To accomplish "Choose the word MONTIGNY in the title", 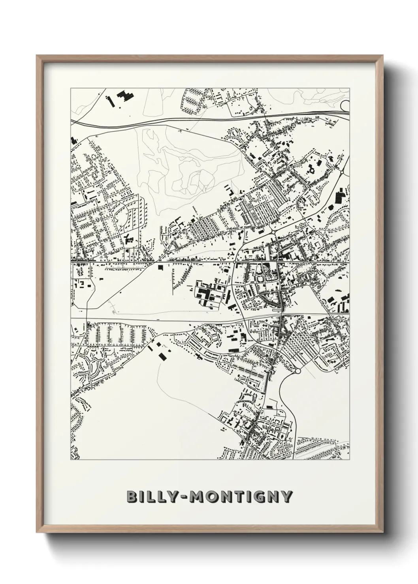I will [245, 496].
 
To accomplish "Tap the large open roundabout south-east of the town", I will [298, 371].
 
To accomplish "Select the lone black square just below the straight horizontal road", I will [160, 268].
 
